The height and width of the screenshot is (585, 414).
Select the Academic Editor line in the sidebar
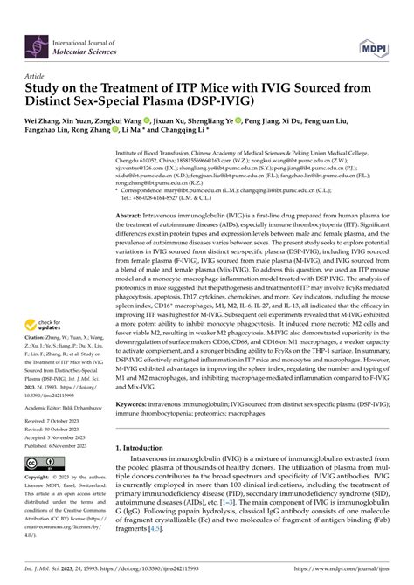pos(59,407)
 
